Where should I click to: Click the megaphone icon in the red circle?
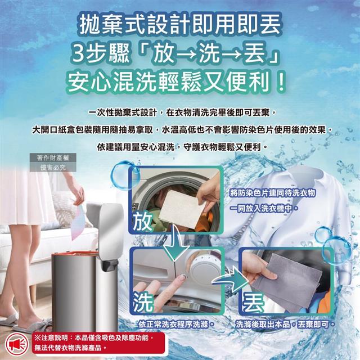[x=16, y=344]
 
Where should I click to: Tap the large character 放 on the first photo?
[x=142, y=222]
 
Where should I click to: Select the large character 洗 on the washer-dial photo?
[x=142, y=302]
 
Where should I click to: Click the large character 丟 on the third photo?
[x=253, y=303]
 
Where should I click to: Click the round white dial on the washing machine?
[x=202, y=268]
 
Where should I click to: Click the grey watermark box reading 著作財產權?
[x=53, y=157]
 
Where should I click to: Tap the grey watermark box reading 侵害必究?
[x=53, y=168]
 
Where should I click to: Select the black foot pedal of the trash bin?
[x=109, y=264]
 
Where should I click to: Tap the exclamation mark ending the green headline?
[x=281, y=82]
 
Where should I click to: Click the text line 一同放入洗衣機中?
[x=264, y=209]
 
